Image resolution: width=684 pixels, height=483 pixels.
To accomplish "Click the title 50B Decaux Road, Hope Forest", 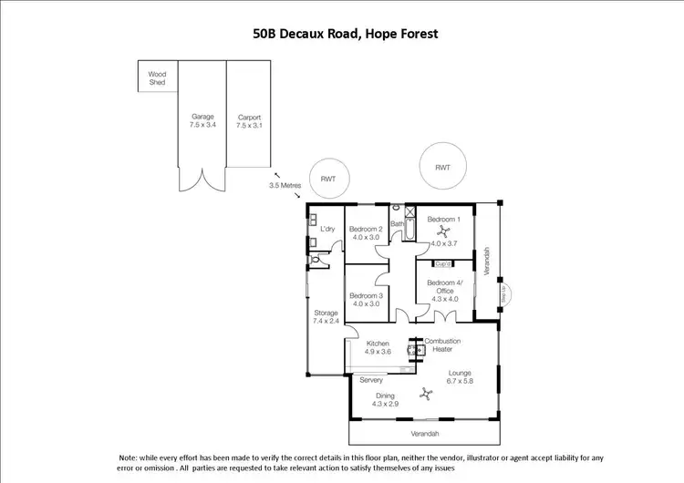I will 346,34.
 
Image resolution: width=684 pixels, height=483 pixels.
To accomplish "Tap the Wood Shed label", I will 158,77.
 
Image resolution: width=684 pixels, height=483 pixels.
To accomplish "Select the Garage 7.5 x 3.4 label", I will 202,121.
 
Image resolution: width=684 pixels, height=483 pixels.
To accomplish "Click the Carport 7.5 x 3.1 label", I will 249,121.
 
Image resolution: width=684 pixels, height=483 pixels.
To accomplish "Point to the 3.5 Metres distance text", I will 285,184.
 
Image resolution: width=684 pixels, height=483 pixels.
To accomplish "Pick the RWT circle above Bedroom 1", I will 442,168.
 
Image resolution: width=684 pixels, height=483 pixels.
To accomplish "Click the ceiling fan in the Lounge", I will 425,393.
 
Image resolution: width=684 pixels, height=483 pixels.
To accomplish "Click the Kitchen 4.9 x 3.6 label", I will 378,347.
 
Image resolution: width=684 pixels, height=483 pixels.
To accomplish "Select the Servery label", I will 371,379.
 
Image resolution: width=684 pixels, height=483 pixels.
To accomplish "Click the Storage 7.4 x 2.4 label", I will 326,317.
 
